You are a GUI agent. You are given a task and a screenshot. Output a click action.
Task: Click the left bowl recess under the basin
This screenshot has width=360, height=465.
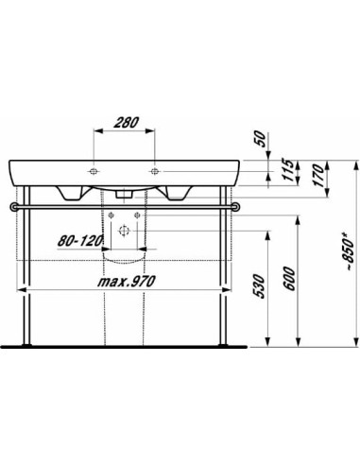click(x=68, y=192)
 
